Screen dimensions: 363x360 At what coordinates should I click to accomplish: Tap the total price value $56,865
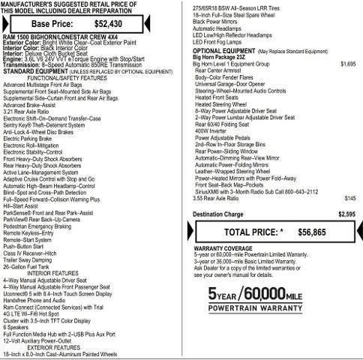(307, 232)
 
